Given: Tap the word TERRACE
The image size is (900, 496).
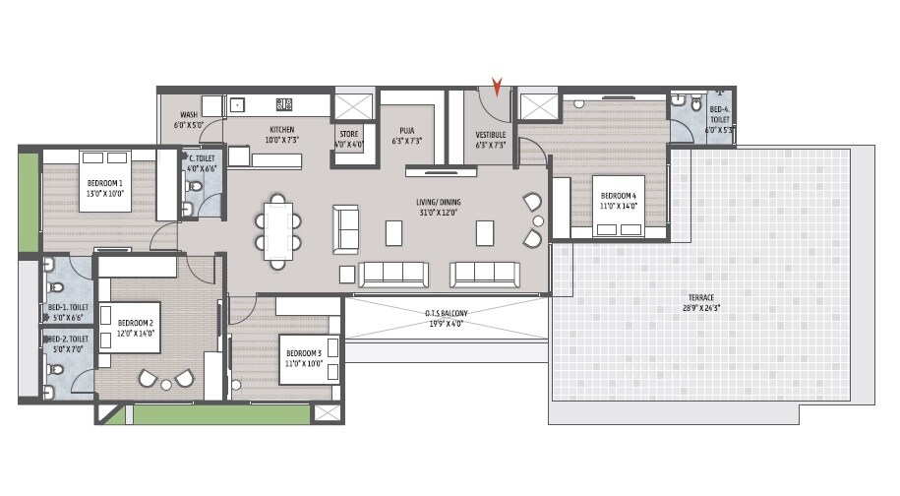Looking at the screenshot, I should (701, 297).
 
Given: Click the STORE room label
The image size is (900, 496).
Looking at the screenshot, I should (349, 134).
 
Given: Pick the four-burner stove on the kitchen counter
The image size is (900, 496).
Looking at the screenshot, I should (286, 102).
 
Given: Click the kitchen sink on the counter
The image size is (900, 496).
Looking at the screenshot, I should (237, 103).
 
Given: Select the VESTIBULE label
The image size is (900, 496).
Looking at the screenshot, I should (491, 134).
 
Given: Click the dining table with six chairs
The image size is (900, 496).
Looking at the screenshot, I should (278, 230).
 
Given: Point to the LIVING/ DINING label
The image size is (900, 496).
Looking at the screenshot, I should (438, 203).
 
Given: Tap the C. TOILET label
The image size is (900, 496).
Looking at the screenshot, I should (202, 156).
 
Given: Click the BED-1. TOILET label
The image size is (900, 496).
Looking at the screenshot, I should (67, 307).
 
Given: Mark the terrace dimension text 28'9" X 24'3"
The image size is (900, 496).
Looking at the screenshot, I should (701, 308).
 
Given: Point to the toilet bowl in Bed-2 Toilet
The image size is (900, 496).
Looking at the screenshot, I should (56, 370).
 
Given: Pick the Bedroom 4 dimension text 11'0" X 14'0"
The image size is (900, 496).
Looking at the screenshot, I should (620, 207).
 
